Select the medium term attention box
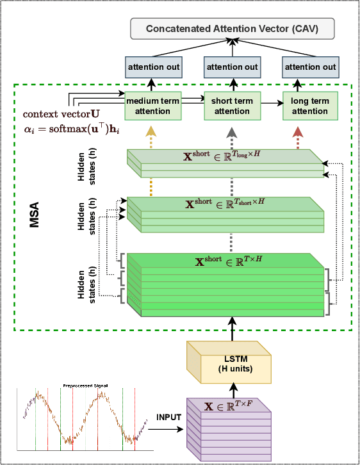[x=152, y=106]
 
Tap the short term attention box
[x=231, y=106]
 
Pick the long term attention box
[x=310, y=106]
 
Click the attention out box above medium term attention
[x=152, y=67]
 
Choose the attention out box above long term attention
[x=310, y=67]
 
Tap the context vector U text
[x=61, y=114]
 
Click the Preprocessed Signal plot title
[x=85, y=386]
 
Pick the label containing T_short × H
[x=224, y=203]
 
